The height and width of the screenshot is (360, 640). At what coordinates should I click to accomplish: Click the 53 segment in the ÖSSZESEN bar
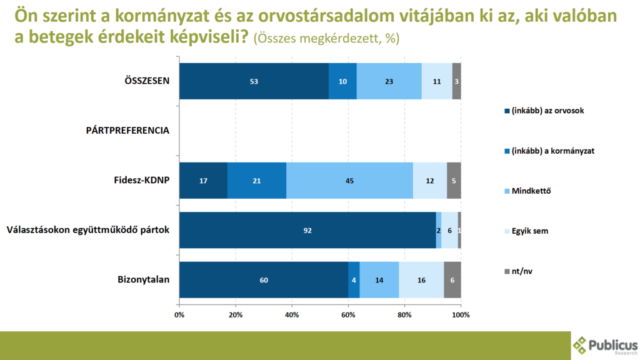coord(254,81)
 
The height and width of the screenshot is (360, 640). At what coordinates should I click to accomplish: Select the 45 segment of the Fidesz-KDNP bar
coord(350,181)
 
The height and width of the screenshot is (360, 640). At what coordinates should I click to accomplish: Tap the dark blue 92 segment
coord(307,230)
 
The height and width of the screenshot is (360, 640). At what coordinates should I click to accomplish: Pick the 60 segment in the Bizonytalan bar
coord(264,280)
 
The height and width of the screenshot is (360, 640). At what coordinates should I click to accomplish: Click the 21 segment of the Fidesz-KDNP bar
coord(257,181)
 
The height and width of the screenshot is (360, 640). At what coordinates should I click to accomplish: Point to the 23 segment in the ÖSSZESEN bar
coord(389,81)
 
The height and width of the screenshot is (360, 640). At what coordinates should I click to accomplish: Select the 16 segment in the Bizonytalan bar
coord(421,280)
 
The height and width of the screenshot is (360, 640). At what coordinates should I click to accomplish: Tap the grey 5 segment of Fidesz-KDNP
coord(454,181)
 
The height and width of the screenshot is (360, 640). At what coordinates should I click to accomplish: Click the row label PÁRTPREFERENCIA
coord(127,131)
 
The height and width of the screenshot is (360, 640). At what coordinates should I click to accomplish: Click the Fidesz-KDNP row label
coord(141,181)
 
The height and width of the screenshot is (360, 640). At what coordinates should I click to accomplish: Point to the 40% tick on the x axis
coord(292,314)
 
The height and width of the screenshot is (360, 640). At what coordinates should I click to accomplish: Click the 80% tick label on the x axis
coord(404,314)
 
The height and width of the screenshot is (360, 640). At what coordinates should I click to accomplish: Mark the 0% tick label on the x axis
coord(179,314)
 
